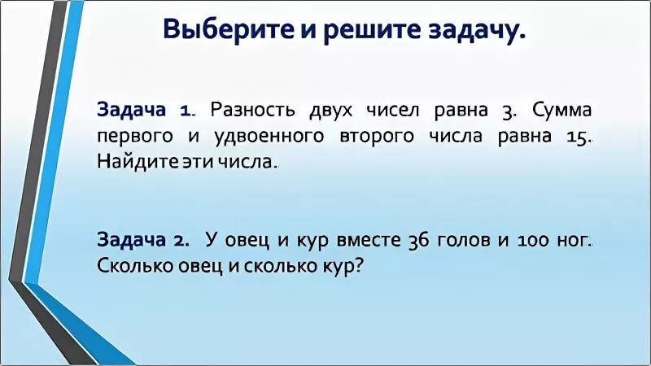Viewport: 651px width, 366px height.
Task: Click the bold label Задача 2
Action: coord(143,241)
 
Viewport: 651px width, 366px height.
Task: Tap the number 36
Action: coord(422,241)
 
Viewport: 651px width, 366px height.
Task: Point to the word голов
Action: coord(466,241)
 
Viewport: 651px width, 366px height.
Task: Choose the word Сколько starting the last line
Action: coord(131,266)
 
